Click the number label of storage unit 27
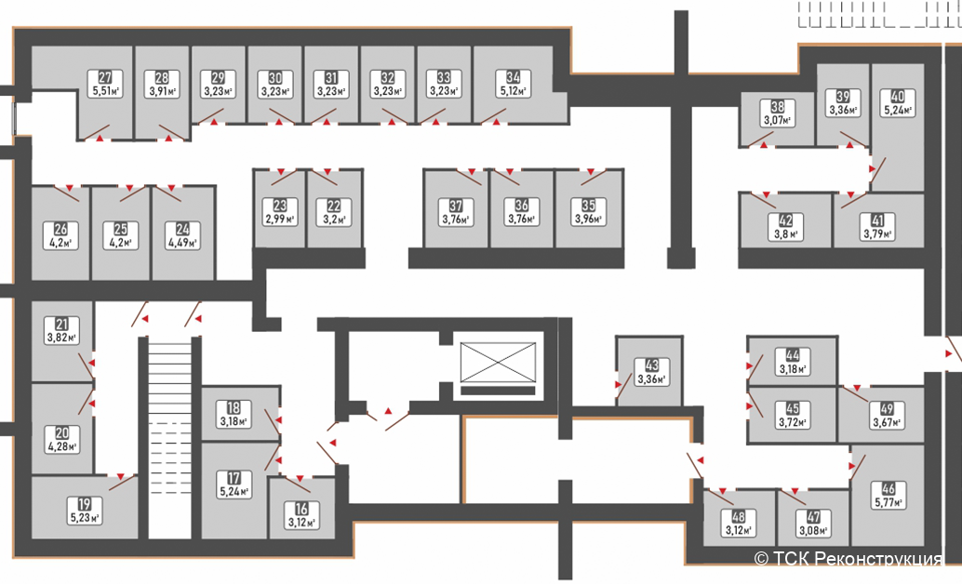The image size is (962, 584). [x=105, y=78]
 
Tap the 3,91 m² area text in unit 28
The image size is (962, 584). [x=162, y=91]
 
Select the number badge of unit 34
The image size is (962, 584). [x=513, y=77]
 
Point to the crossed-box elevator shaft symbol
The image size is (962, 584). [x=498, y=363]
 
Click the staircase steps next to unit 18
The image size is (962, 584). [x=170, y=441]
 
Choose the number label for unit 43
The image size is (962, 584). [x=651, y=366]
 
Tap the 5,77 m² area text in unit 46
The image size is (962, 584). [x=889, y=502]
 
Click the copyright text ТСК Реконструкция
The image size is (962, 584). [x=848, y=559]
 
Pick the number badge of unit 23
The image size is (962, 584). [x=280, y=206]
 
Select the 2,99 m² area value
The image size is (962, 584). [x=280, y=219]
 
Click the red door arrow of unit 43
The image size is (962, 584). [x=619, y=385]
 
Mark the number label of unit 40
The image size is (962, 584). [x=898, y=97]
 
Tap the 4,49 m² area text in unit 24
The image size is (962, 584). [x=183, y=243]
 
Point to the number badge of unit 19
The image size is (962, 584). [x=84, y=504]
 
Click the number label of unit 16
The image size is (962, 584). [x=301, y=509]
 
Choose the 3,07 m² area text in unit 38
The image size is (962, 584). [x=778, y=120]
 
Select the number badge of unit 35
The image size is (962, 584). [x=588, y=205]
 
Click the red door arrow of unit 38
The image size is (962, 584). [x=764, y=145]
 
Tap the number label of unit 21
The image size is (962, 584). [x=62, y=324]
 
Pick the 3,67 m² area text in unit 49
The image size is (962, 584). [x=887, y=423]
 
